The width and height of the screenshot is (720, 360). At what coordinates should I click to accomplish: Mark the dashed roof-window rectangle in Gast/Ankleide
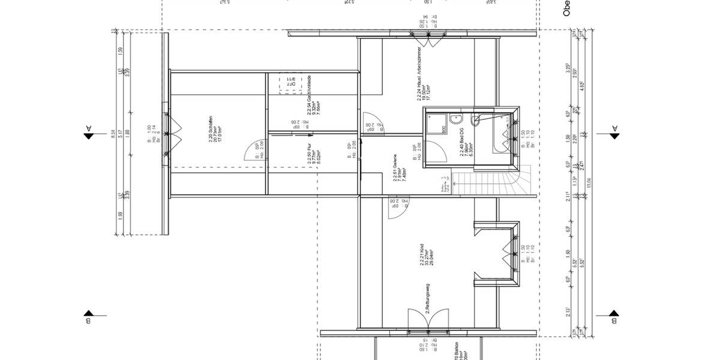pos(287,85)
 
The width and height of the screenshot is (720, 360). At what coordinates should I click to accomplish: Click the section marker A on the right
pos(614,132)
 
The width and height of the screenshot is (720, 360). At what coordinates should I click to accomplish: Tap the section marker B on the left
pos(88,316)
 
